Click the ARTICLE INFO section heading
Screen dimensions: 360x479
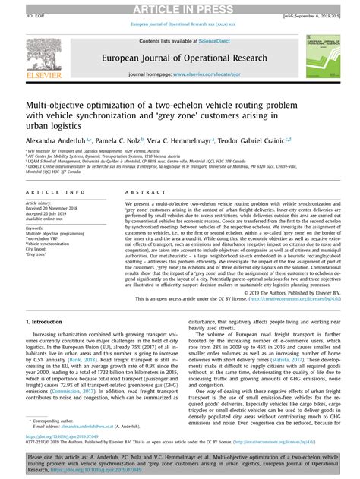pyautogui.click(x=45, y=193)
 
